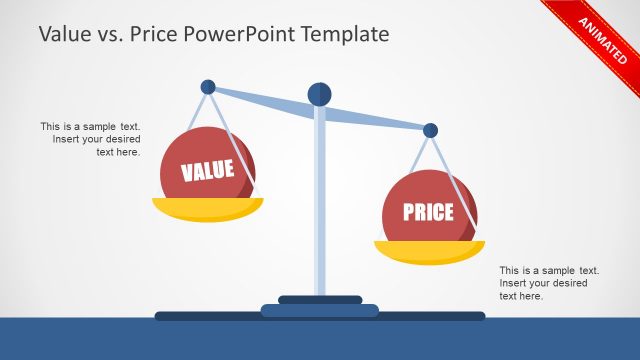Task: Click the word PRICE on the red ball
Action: point(428,212)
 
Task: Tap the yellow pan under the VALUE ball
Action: point(208,209)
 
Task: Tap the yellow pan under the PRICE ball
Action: point(429,251)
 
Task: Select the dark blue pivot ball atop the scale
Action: point(319,94)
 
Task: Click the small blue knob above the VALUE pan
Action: point(208,87)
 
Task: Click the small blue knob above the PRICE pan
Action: point(430,130)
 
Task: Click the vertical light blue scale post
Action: point(320,200)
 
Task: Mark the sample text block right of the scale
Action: point(549,283)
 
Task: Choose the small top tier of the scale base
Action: point(320,299)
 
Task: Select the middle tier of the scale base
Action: point(320,309)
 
